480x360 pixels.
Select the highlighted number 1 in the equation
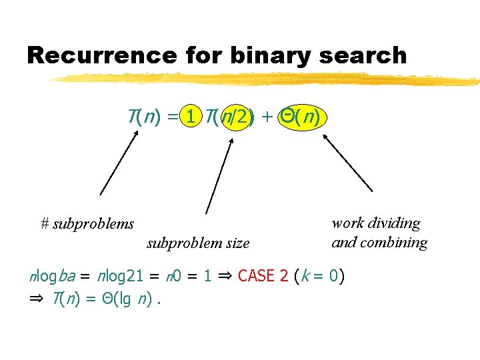[191, 117]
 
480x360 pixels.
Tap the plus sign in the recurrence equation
[267, 118]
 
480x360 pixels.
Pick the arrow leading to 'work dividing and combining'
[347, 163]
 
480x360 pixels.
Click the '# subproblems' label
[87, 224]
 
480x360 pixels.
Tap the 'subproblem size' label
[198, 243]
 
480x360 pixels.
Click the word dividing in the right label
[395, 223]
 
